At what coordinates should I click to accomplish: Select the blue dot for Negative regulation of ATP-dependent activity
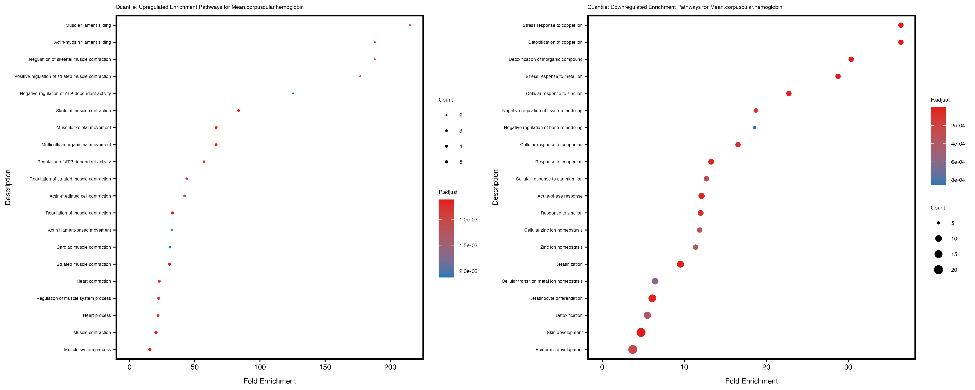pyautogui.click(x=293, y=94)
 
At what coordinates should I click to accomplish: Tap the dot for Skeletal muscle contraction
pyautogui.click(x=239, y=110)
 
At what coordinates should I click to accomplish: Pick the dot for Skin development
pyautogui.click(x=641, y=332)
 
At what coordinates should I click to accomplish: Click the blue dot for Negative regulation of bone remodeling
pyautogui.click(x=754, y=128)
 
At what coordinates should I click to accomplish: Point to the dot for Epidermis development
pyautogui.click(x=632, y=349)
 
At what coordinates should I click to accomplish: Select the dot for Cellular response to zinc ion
pyautogui.click(x=789, y=94)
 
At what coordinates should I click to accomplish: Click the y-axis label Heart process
pyautogui.click(x=97, y=315)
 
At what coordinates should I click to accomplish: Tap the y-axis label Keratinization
pyautogui.click(x=569, y=264)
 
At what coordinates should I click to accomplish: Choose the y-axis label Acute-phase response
pyautogui.click(x=560, y=196)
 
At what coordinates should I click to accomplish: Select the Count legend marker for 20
pyautogui.click(x=938, y=270)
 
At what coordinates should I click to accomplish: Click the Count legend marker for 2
pyautogui.click(x=447, y=115)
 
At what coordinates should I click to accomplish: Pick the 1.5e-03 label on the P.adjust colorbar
pyautogui.click(x=468, y=245)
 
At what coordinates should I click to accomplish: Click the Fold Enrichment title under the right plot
pyautogui.click(x=751, y=381)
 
